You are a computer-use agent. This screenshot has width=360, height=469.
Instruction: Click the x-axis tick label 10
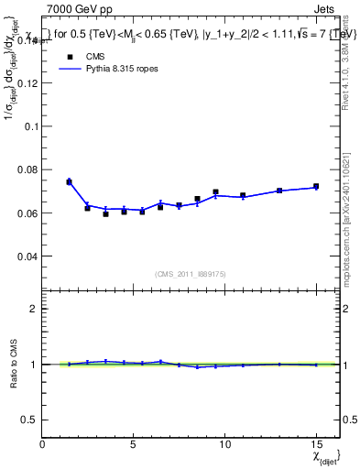(x=224, y=444)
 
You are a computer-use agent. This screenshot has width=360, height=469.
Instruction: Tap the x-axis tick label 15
(x=316, y=444)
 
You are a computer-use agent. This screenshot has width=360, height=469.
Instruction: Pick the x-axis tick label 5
(x=134, y=444)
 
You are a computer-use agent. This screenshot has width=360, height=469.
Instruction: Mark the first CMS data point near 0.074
(x=69, y=182)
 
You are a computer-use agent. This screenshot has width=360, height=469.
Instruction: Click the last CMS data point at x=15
(x=316, y=187)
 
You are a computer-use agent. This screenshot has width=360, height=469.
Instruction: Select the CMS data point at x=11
(x=243, y=195)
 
